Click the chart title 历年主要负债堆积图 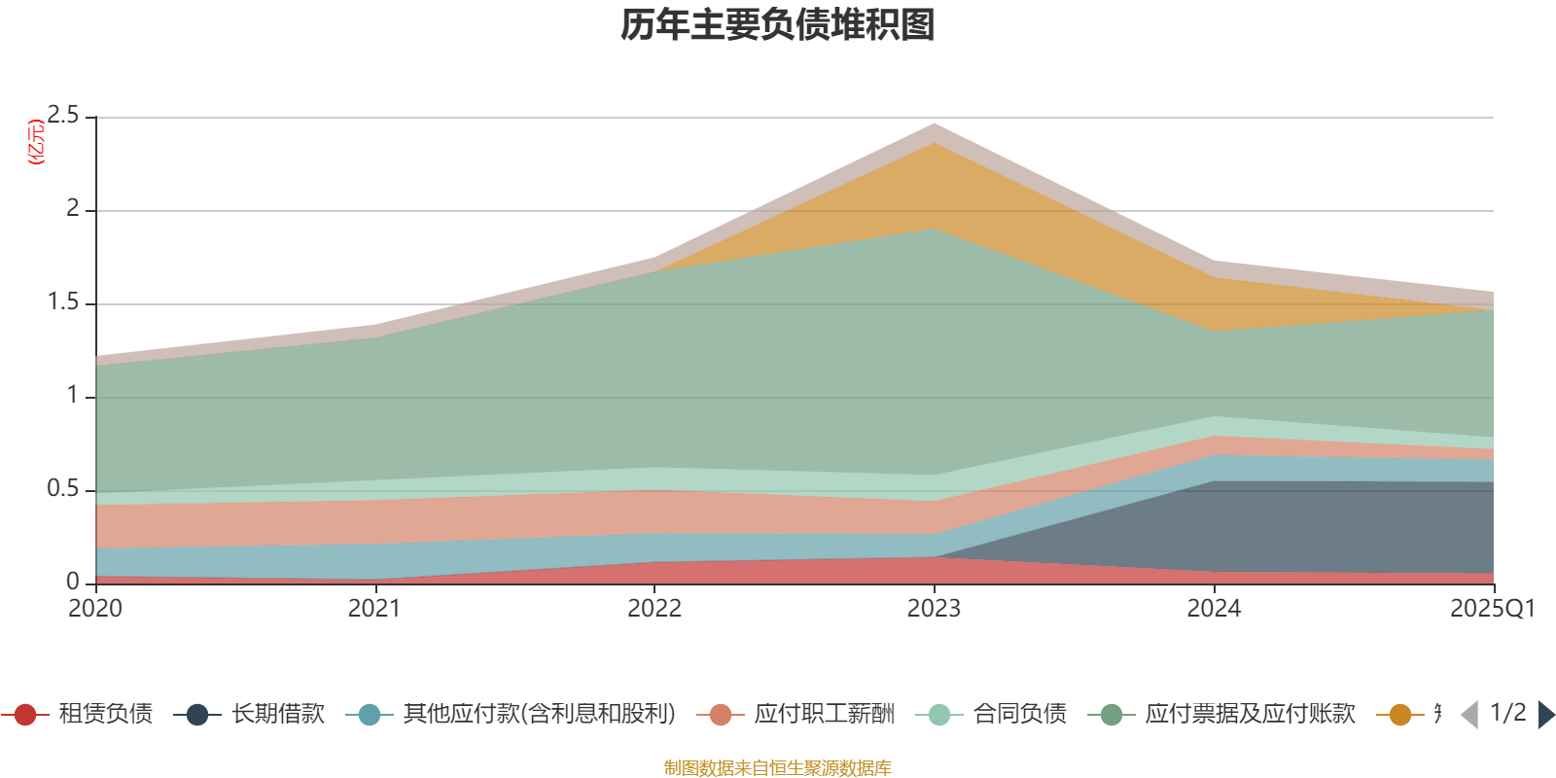tap(778, 25)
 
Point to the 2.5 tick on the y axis tap(64, 117)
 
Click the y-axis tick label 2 tap(73, 209)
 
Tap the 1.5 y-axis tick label tap(64, 302)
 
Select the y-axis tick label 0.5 tap(64, 489)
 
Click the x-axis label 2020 tap(95, 609)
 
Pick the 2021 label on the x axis tap(374, 609)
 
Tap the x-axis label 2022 tap(654, 609)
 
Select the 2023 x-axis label tap(934, 609)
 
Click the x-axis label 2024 tap(1214, 609)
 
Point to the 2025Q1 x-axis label tap(1493, 609)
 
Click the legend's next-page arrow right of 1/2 tap(1545, 715)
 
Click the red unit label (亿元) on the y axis tap(37, 142)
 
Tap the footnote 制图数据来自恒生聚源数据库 tap(778, 768)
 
